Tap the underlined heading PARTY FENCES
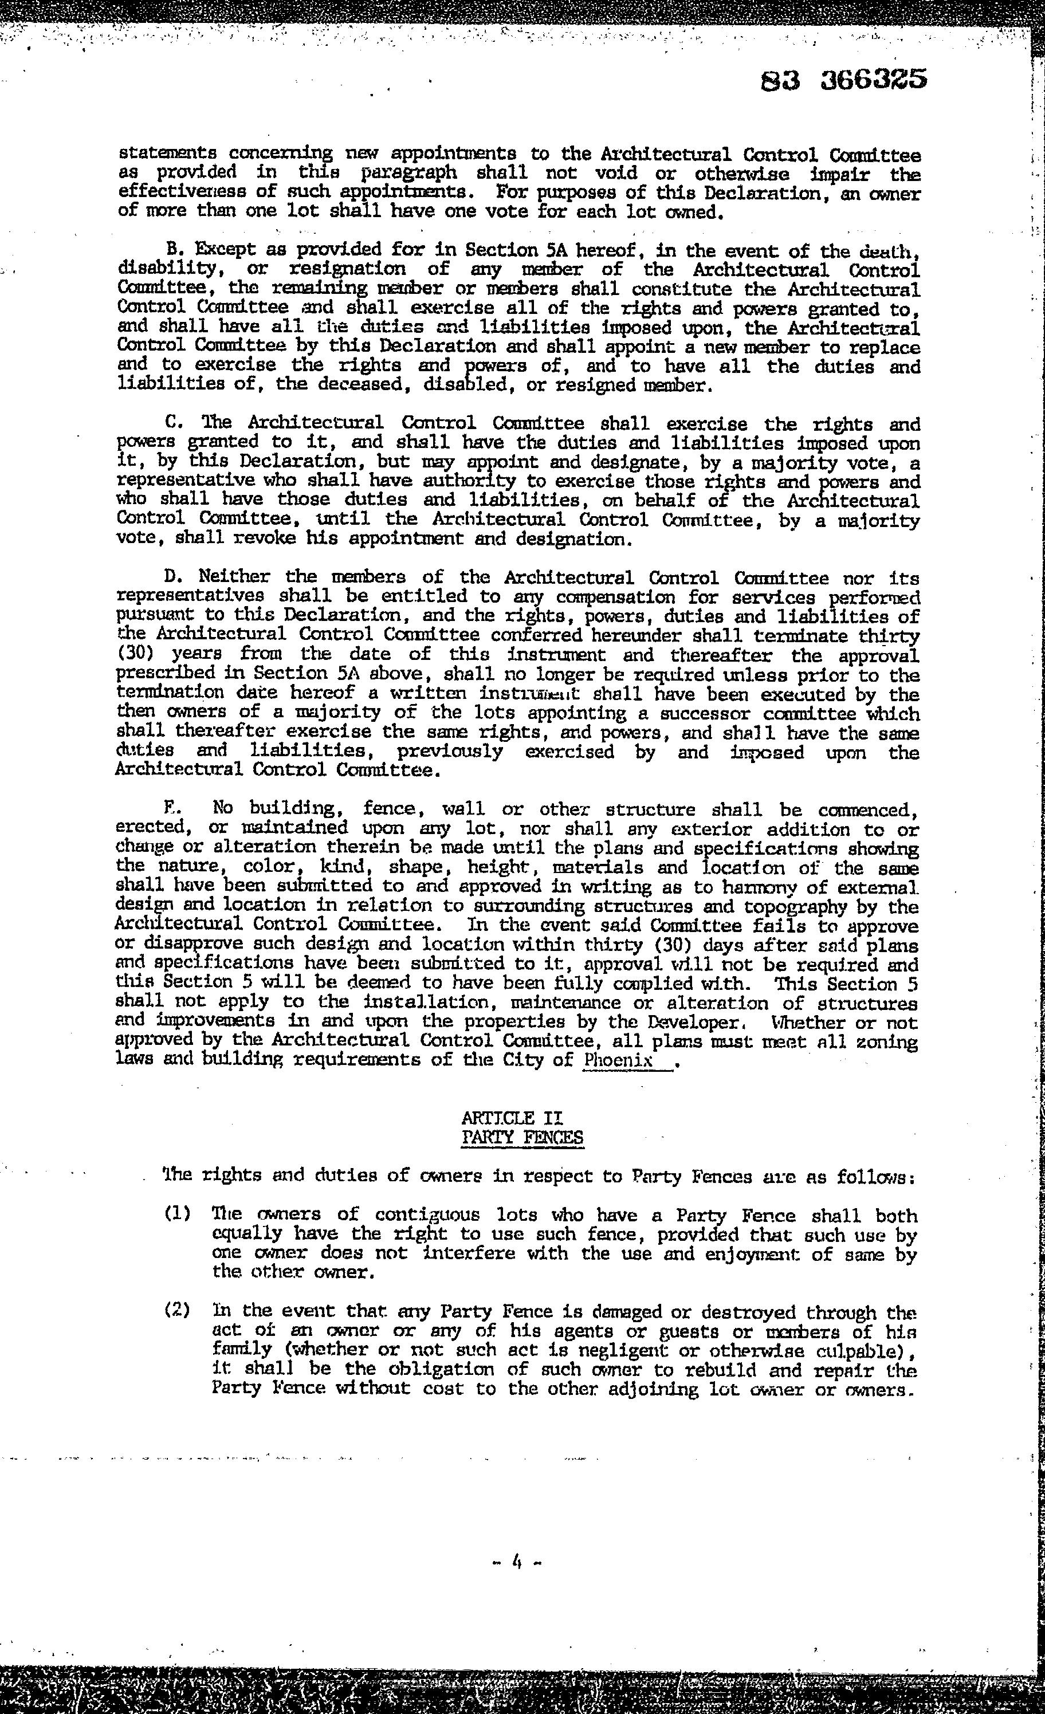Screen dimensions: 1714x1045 522,1137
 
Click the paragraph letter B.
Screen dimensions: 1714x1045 173,250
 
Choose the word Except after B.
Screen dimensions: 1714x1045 225,250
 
